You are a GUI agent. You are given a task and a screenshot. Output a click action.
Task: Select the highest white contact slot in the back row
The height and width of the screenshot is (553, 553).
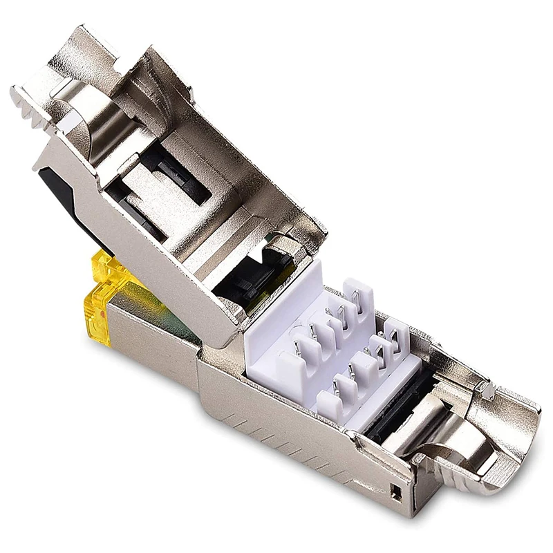tap(357, 290)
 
